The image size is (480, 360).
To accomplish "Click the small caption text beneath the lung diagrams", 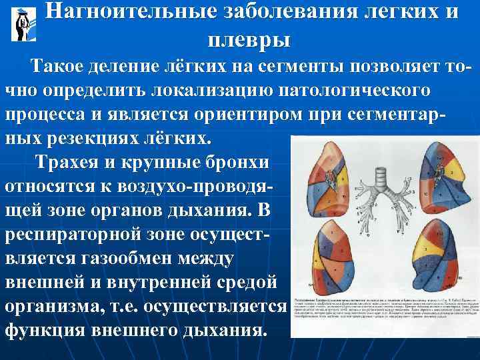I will (383, 311).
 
